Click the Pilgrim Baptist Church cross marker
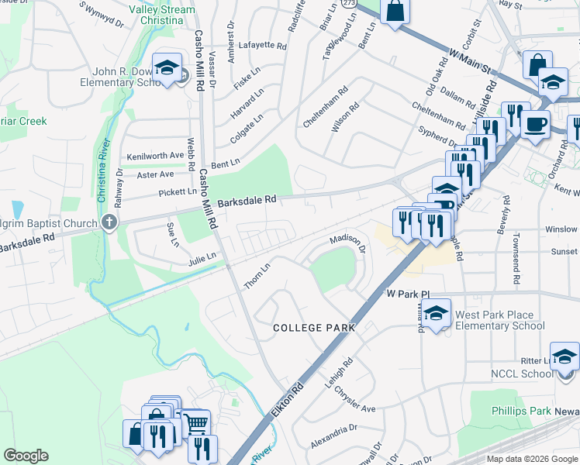pos(109,223)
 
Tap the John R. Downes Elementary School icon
pos(166,68)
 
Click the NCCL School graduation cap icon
pos(564,358)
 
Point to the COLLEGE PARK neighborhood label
pos(314,328)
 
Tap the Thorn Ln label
pos(257,277)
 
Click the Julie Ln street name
pos(201,260)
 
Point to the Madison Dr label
pos(347,244)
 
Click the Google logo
pos(26,456)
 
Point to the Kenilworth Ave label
pos(155,155)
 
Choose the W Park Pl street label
pos(408,294)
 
